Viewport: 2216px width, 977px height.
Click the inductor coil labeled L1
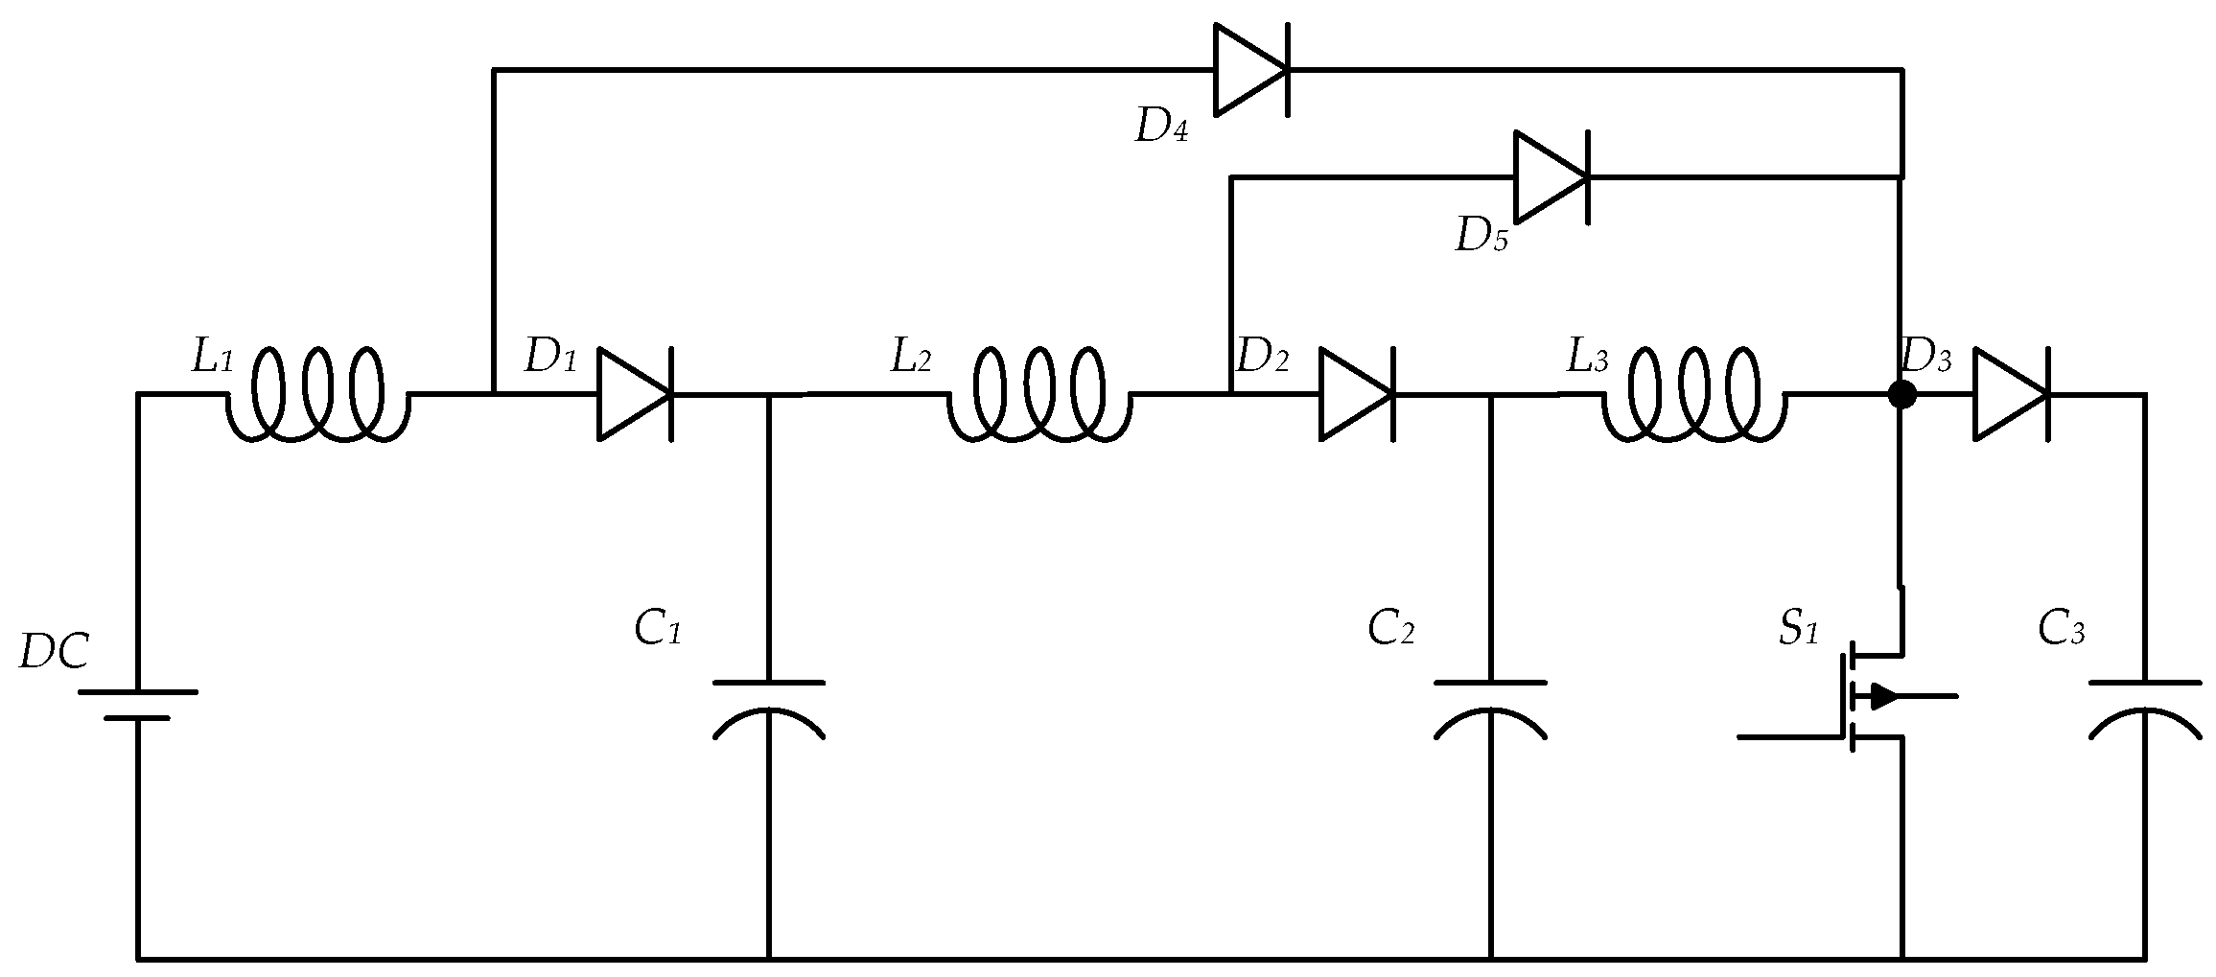click(x=316, y=395)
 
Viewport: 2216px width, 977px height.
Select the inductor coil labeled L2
click(x=1038, y=395)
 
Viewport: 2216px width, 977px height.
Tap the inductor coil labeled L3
click(x=1692, y=395)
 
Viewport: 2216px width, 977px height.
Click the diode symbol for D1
click(x=634, y=395)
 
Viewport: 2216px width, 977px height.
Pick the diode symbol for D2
click(x=1355, y=395)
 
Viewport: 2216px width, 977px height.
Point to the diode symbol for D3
click(x=2010, y=395)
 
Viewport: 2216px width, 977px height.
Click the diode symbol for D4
click(x=1250, y=70)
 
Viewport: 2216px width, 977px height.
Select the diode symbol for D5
click(x=1551, y=177)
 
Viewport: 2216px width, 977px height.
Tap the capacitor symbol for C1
click(x=768, y=709)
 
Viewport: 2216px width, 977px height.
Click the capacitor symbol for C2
click(x=1490, y=709)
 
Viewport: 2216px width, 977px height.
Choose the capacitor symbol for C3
click(x=2145, y=709)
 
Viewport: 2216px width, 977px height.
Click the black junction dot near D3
click(x=1901, y=394)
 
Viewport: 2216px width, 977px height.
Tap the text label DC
click(x=55, y=653)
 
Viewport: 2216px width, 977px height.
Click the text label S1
click(x=1798, y=631)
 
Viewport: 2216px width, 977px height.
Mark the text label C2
click(x=1390, y=630)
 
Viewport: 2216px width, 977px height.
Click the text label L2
click(x=910, y=359)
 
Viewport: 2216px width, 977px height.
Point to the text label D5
click(x=1481, y=235)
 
